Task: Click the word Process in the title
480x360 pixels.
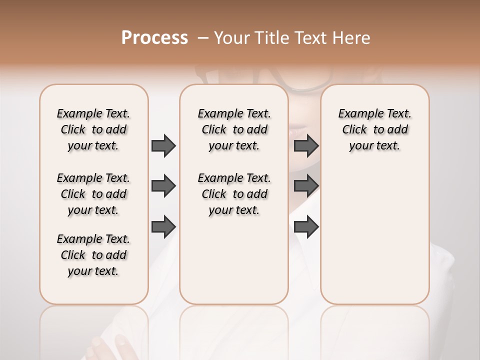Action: (154, 38)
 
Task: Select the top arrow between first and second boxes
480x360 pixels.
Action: (163, 145)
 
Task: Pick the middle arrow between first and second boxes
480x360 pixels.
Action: (163, 186)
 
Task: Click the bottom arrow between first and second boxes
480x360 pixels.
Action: (163, 226)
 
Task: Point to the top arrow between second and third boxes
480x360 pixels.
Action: (306, 145)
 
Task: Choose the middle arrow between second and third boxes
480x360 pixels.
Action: (306, 186)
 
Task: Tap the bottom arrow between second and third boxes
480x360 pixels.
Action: (306, 226)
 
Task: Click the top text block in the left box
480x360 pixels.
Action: (93, 129)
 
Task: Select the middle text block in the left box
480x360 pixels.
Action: (93, 194)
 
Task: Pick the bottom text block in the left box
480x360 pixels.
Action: (93, 255)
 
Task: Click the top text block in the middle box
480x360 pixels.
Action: (234, 129)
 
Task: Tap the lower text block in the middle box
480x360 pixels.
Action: (234, 194)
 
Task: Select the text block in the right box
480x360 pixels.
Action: (375, 129)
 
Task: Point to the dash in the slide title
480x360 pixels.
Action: (203, 38)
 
